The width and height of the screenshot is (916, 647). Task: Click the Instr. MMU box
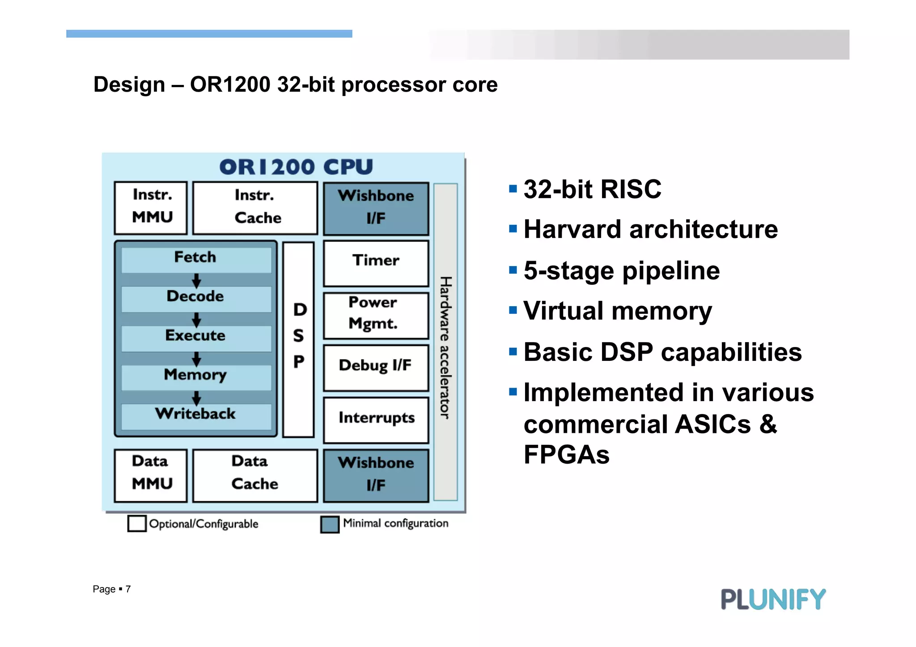click(151, 207)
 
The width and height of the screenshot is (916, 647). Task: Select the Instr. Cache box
click(255, 207)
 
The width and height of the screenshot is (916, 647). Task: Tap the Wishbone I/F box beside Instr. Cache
click(376, 208)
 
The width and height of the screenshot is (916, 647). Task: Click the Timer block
click(376, 263)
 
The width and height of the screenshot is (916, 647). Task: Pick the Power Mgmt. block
click(376, 315)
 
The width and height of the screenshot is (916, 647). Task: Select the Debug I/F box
click(376, 368)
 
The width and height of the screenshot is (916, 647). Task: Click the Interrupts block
click(376, 419)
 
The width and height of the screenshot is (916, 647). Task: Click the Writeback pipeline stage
click(196, 415)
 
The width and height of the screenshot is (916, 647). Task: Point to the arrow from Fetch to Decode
click(196, 280)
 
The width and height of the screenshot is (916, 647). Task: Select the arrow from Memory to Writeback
click(196, 398)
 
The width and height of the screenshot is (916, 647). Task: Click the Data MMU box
click(151, 475)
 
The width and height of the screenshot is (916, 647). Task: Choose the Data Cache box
click(255, 475)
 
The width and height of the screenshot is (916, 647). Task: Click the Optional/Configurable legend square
click(137, 523)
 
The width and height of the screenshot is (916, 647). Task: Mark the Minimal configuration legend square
click(330, 524)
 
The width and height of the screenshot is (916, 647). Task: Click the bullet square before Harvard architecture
click(513, 229)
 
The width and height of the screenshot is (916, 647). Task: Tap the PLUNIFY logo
click(773, 599)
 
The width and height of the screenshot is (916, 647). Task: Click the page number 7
click(128, 589)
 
